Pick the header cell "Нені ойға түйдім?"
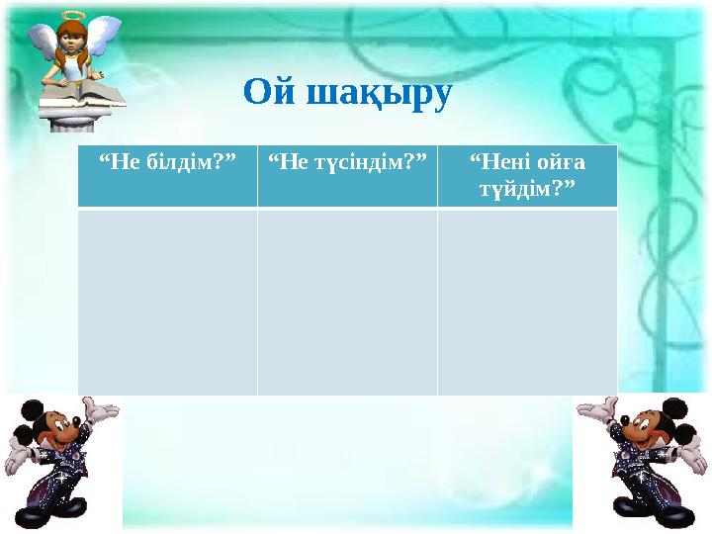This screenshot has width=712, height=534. [x=527, y=176]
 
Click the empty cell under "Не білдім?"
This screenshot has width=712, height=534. [x=167, y=302]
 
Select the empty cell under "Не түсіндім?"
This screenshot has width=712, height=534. [x=347, y=302]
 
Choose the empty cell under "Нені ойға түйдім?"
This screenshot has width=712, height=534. [x=527, y=302]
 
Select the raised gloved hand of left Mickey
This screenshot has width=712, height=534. [x=101, y=407]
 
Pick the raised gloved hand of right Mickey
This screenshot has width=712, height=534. [x=596, y=407]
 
